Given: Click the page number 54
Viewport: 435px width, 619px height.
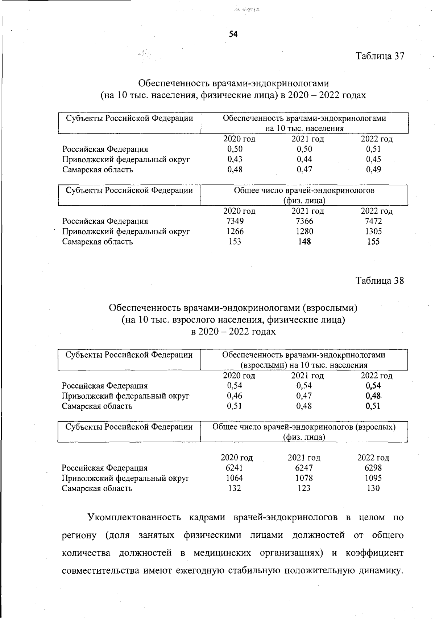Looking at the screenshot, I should pyautogui.click(x=233, y=34).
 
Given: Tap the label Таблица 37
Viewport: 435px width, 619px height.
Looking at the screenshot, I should pyautogui.click(x=380, y=56).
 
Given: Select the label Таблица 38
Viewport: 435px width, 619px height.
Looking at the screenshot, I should pyautogui.click(x=380, y=281).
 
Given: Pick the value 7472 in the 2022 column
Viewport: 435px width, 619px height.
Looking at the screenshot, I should pyautogui.click(x=373, y=221).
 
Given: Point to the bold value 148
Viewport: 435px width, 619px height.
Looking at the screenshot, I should pyautogui.click(x=304, y=242).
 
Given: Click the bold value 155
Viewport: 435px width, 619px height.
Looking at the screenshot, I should pyautogui.click(x=373, y=242).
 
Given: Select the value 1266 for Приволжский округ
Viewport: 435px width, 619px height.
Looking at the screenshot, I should pyautogui.click(x=235, y=231).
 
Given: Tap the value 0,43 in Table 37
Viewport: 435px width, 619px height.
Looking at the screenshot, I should pyautogui.click(x=235, y=159).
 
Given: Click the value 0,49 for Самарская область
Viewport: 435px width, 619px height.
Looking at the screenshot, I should pyautogui.click(x=373, y=169).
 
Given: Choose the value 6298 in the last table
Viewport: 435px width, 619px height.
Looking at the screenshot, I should pyautogui.click(x=373, y=468).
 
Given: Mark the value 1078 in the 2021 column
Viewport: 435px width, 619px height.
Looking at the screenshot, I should pyautogui.click(x=304, y=478).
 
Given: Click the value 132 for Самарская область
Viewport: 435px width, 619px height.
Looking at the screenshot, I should pyautogui.click(x=235, y=488).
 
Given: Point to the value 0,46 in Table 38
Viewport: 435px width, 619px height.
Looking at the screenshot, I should pyautogui.click(x=235, y=396).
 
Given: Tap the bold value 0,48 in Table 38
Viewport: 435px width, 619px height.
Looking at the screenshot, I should pyautogui.click(x=373, y=396).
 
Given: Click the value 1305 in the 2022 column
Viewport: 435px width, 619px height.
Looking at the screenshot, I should pyautogui.click(x=373, y=231).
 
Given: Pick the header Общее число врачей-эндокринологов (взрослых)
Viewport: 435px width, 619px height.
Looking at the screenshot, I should pyautogui.click(x=304, y=427).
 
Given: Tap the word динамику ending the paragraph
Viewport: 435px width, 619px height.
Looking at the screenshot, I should pyautogui.click(x=381, y=571).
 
